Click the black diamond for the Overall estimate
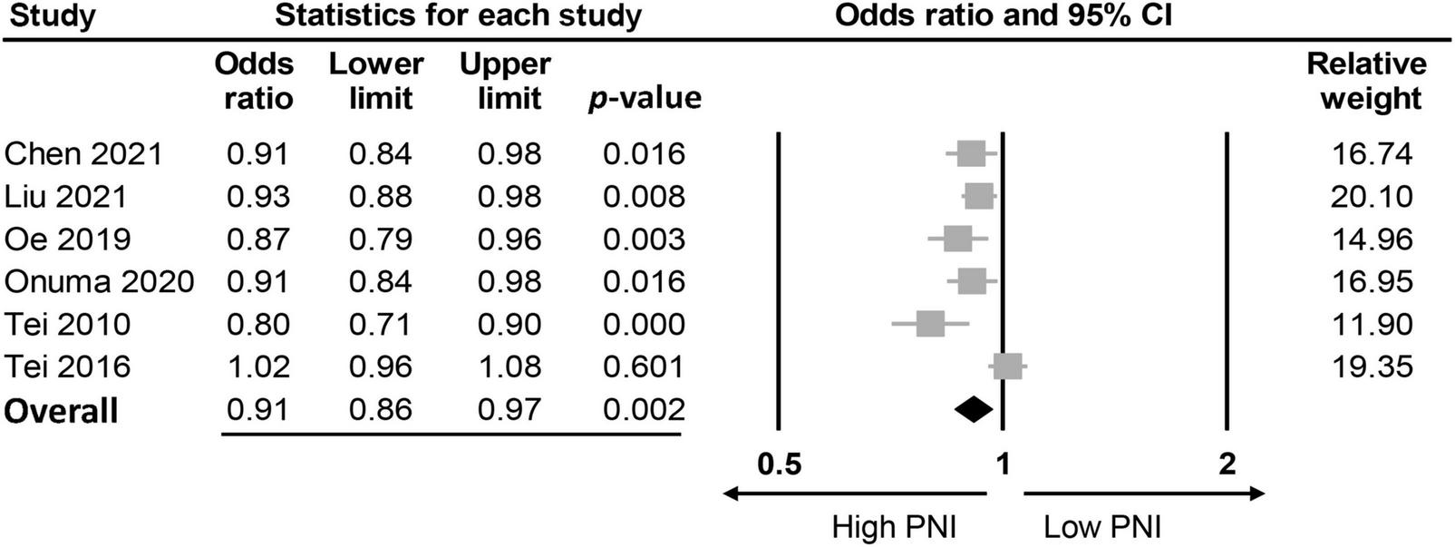pyautogui.click(x=974, y=410)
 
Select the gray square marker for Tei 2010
pyautogui.click(x=930, y=323)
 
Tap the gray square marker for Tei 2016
pyautogui.click(x=1008, y=366)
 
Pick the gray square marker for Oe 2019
pyautogui.click(x=957, y=239)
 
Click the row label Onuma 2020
pyautogui.click(x=99, y=281)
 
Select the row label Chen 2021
pyautogui.click(x=83, y=153)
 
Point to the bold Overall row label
pyautogui.click(x=62, y=411)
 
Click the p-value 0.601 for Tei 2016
pyautogui.click(x=644, y=366)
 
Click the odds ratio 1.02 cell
pyautogui.click(x=258, y=366)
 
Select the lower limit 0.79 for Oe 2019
pyautogui.click(x=380, y=239)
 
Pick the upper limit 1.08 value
pyautogui.click(x=509, y=366)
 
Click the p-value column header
pyautogui.click(x=645, y=98)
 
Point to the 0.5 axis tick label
pyautogui.click(x=780, y=464)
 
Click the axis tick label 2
pyautogui.click(x=1227, y=464)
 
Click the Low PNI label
pyautogui.click(x=1101, y=527)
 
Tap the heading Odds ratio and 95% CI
pyautogui.click(x=1003, y=16)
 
